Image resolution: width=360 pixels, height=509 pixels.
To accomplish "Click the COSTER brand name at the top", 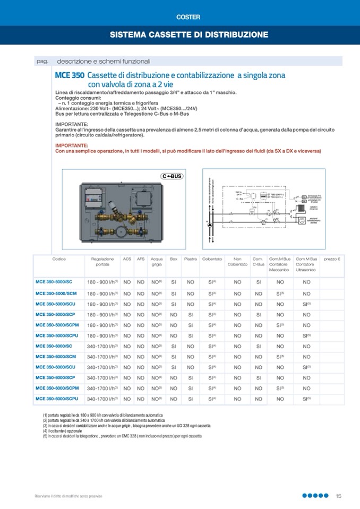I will pos(188,17).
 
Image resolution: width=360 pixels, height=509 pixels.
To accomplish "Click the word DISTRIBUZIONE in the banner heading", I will pos(237,35).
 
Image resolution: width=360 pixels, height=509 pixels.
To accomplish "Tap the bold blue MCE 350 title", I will pos(69,75).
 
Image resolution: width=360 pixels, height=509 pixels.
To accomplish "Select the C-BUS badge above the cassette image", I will pos(171,176).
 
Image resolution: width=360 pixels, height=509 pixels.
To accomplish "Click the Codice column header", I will pos(59,259).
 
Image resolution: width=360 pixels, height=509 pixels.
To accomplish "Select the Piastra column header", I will pos(190,259).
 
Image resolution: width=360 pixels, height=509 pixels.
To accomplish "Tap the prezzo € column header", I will pos(332,259).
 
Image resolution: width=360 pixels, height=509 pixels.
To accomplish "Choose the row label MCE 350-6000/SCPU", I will pos(57,399).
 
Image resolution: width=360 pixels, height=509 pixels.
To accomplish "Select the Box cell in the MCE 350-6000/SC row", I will pos(174,346).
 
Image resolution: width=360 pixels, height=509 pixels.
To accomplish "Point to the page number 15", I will pos(338,496).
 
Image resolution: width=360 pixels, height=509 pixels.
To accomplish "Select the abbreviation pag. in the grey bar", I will pos(42,61).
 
